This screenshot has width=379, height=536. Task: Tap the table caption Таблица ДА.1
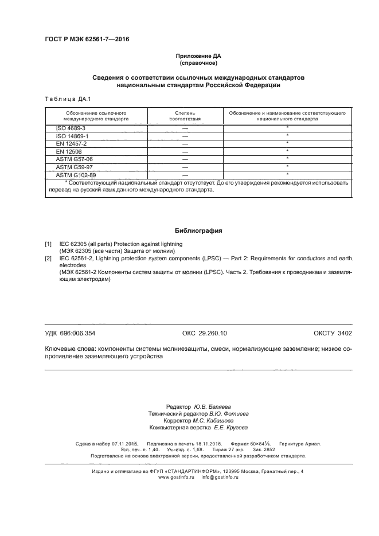(67, 99)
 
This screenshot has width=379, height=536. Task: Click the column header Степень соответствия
(185, 117)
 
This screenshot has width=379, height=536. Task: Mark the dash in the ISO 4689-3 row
(185, 128)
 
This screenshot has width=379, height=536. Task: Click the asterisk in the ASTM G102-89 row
(287, 174)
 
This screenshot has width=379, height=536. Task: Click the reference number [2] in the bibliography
(49, 259)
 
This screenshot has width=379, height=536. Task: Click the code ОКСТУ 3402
(333, 333)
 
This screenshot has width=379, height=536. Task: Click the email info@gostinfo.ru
(220, 477)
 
